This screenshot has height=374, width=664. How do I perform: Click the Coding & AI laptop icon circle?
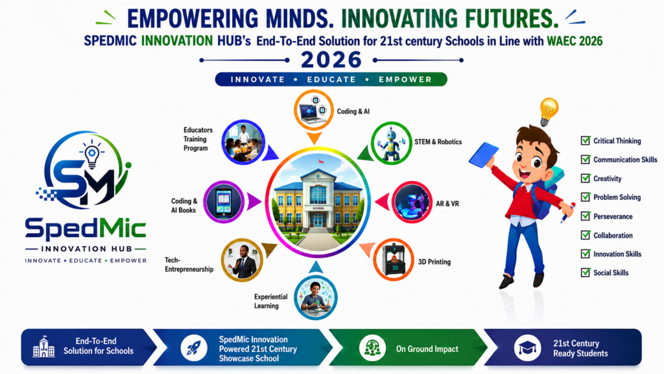[x=314, y=110]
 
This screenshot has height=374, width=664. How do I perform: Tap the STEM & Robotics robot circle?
[x=391, y=143]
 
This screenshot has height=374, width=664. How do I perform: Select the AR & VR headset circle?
[x=412, y=203]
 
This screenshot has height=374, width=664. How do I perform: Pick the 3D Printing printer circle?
[x=394, y=260]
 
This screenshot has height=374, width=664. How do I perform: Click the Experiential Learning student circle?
[x=316, y=297]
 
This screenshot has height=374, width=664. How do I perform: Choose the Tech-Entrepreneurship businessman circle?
[x=242, y=260]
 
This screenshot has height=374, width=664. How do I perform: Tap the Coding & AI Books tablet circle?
[x=224, y=203]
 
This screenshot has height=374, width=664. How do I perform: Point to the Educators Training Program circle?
[x=243, y=142]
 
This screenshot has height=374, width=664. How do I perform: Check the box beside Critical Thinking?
[x=586, y=140]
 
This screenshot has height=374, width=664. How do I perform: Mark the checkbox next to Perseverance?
[x=586, y=216]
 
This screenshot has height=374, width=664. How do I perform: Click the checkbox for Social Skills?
[x=586, y=272]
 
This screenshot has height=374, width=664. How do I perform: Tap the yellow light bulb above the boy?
[x=549, y=112]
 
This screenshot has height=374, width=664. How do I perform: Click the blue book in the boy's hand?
[x=484, y=155]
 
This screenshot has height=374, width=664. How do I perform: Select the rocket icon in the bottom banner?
[x=194, y=348]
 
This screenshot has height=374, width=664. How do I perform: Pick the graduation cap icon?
[x=527, y=348]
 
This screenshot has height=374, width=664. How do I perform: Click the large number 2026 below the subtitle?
[x=331, y=60]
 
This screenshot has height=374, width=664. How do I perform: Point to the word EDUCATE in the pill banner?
[x=331, y=79]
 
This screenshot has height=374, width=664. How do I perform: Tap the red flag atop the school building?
[x=320, y=162]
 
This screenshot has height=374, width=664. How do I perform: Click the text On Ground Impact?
[x=427, y=349]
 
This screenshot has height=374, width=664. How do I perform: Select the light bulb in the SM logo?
[x=92, y=155]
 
